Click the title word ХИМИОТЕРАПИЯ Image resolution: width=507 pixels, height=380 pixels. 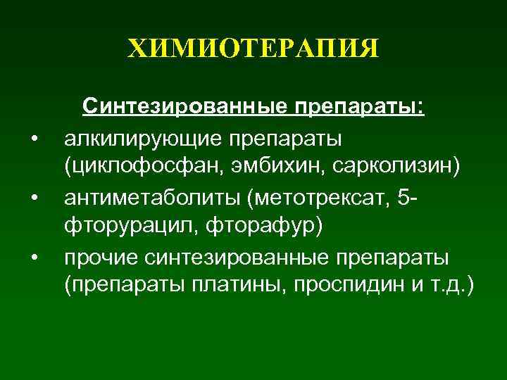[254, 50]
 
